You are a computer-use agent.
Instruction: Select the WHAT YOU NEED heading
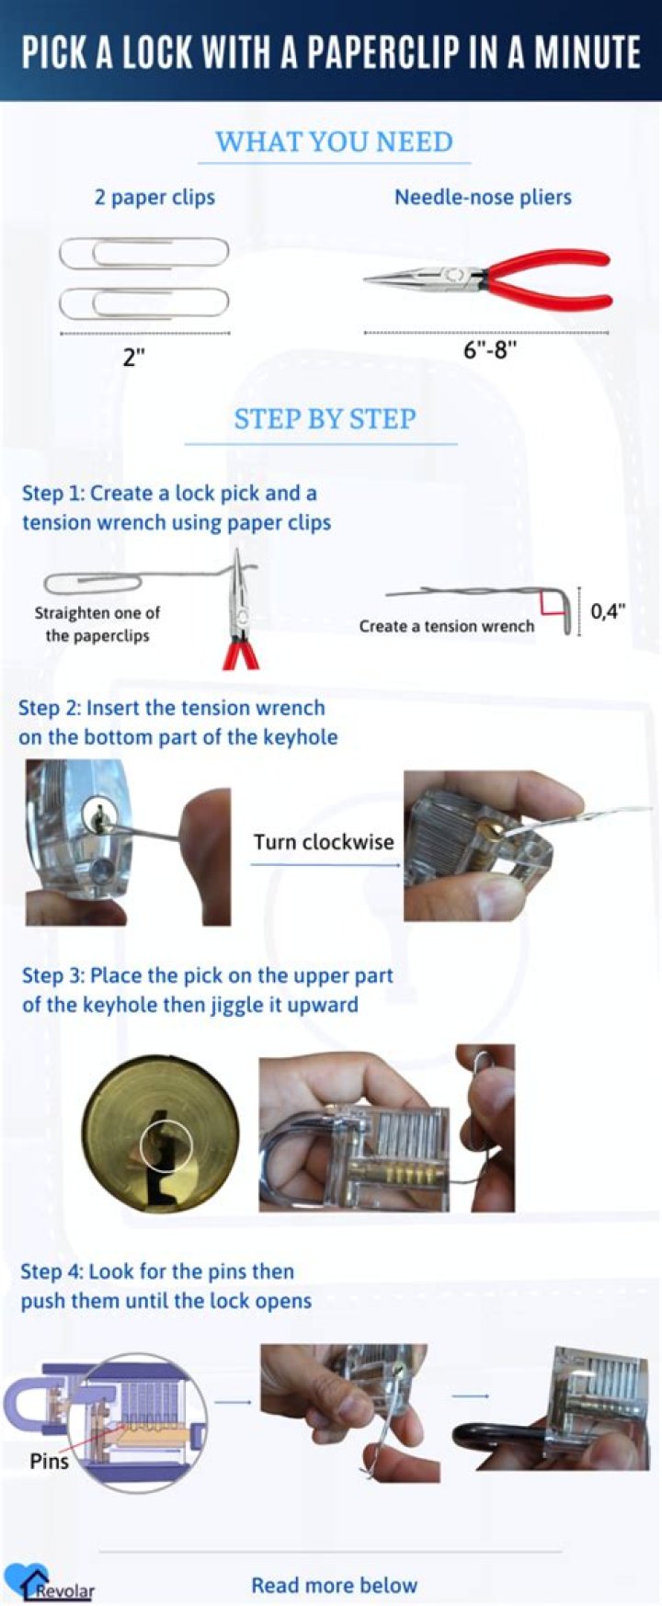(x=334, y=142)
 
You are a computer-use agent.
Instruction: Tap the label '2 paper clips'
(x=154, y=197)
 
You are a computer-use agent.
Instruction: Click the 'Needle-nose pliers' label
(x=483, y=197)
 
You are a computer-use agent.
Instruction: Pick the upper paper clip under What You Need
(x=144, y=253)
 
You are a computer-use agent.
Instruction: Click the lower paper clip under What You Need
(x=144, y=302)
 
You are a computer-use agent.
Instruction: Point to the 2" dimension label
(x=135, y=358)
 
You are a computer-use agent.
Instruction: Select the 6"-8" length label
(x=489, y=350)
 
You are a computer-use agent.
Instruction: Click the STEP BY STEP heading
(x=325, y=419)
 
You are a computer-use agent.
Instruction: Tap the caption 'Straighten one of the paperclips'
(x=97, y=624)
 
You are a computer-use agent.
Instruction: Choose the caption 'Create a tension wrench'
(x=446, y=626)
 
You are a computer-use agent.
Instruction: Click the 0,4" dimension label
(x=608, y=611)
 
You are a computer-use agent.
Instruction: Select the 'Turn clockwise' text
(x=324, y=841)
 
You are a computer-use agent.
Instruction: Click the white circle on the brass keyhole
(x=166, y=1146)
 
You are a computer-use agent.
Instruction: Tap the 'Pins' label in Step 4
(x=49, y=1461)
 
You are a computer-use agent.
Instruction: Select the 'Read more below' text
(x=334, y=1585)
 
